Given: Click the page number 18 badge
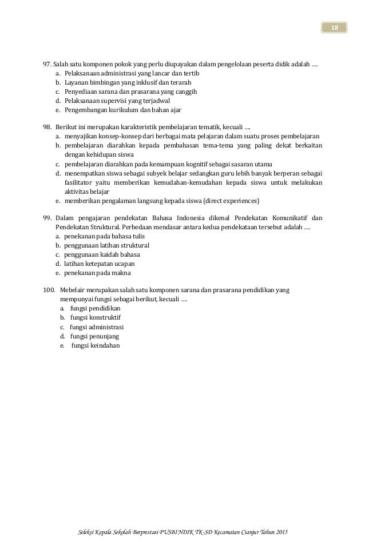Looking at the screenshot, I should [x=335, y=27].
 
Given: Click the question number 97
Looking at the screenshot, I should [x=47, y=63].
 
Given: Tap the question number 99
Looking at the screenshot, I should [x=47, y=218].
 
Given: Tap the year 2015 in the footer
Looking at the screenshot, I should [x=281, y=533].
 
